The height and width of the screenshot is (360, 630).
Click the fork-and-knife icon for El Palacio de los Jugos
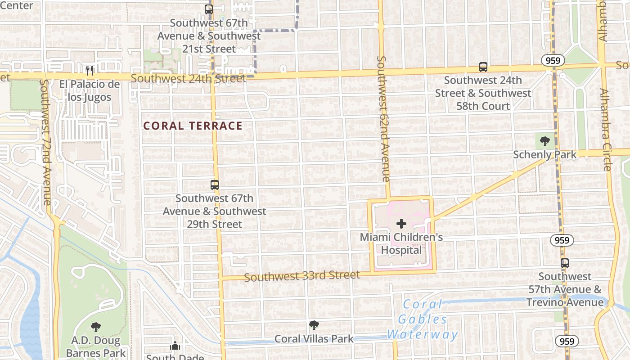coord(90,70)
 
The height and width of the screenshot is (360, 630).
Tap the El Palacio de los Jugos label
coord(90,91)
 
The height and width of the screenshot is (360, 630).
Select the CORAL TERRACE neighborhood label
coord(193,126)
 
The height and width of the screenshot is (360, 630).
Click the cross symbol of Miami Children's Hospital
coord(401,224)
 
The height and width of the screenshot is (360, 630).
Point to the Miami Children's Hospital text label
coord(401,243)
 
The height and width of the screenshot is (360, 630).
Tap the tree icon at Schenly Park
coord(545,141)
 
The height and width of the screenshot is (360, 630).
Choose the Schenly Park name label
coord(545,155)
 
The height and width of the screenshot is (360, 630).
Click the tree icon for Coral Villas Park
coord(314,325)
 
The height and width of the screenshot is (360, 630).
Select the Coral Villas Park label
coord(314,339)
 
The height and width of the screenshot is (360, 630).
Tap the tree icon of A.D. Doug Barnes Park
coord(95,327)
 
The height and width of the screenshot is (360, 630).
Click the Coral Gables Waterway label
coord(422,319)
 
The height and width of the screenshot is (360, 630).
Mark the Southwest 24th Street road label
coord(188,79)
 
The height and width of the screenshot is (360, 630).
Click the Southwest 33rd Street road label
coord(302,276)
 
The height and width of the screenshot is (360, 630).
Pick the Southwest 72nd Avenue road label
coord(46,142)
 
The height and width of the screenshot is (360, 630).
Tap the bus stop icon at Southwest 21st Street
coord(209,9)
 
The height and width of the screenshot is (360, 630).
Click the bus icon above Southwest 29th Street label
coord(215,185)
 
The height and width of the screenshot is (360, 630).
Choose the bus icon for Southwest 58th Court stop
coord(483,67)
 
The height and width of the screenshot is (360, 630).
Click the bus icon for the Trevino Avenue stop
coord(565,263)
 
